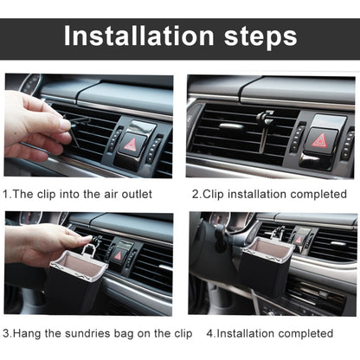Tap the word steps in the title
(x=258, y=36)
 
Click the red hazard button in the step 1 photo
(x=132, y=143)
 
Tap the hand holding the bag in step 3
(x=43, y=245)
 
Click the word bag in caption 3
(x=126, y=331)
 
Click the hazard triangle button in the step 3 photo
(x=119, y=255)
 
